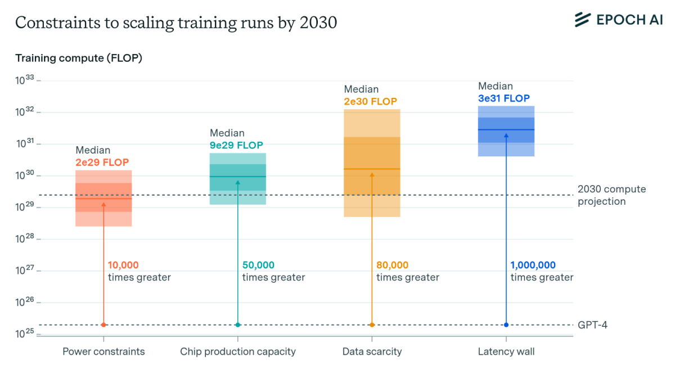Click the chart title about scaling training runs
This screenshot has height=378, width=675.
click(x=176, y=22)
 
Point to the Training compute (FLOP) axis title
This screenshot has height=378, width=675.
click(x=79, y=58)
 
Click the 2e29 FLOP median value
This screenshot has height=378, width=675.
click(x=102, y=163)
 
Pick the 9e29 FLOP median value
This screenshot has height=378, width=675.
click(x=236, y=145)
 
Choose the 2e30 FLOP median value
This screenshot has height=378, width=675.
click(x=371, y=101)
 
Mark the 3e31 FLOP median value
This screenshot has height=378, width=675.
click(x=504, y=98)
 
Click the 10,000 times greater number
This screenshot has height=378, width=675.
click(x=123, y=265)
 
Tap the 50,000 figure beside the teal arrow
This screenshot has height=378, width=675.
click(x=258, y=265)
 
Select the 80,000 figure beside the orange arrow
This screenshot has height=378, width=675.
click(x=393, y=265)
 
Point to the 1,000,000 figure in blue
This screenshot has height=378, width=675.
click(x=533, y=265)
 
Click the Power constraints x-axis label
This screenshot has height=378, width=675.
click(x=103, y=352)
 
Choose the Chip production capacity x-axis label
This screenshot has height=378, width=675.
click(x=238, y=352)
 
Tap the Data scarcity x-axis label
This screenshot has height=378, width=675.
click(x=372, y=352)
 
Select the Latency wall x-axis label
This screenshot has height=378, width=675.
click(x=506, y=352)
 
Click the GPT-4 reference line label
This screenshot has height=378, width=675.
click(x=592, y=325)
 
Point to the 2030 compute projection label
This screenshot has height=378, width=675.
click(x=611, y=195)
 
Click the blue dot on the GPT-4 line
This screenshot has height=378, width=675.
click(x=506, y=325)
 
